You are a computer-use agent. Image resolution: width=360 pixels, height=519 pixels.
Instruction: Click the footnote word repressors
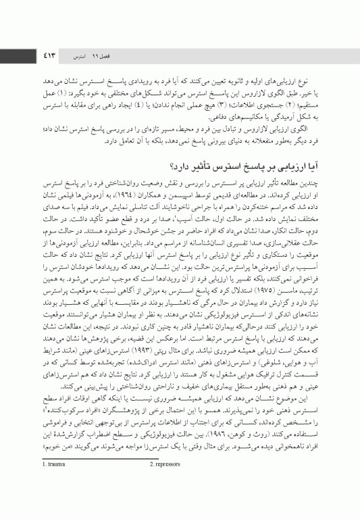[170, 501]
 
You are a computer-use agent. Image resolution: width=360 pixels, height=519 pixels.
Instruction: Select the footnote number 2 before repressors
[151, 501]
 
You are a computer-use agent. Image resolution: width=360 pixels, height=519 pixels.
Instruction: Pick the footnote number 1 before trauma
[44, 501]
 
